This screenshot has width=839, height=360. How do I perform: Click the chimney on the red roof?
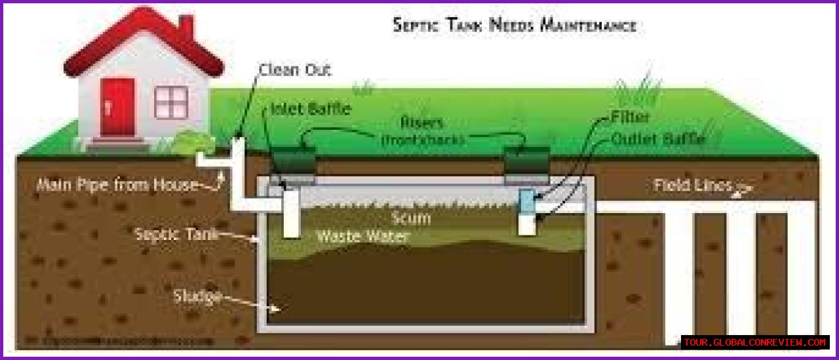(x=186, y=28)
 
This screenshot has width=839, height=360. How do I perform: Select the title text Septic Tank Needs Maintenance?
(x=514, y=26)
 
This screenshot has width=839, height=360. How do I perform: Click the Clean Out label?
(x=295, y=69)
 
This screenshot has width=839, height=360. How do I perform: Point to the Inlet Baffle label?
(x=311, y=109)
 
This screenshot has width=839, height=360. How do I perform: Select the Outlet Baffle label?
(x=657, y=139)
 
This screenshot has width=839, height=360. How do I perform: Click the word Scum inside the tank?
(x=410, y=218)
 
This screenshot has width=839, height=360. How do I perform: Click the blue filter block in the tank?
(x=527, y=201)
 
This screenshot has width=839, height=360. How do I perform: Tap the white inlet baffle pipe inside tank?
(x=291, y=213)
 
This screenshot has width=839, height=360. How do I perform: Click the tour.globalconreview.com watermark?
(x=755, y=342)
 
